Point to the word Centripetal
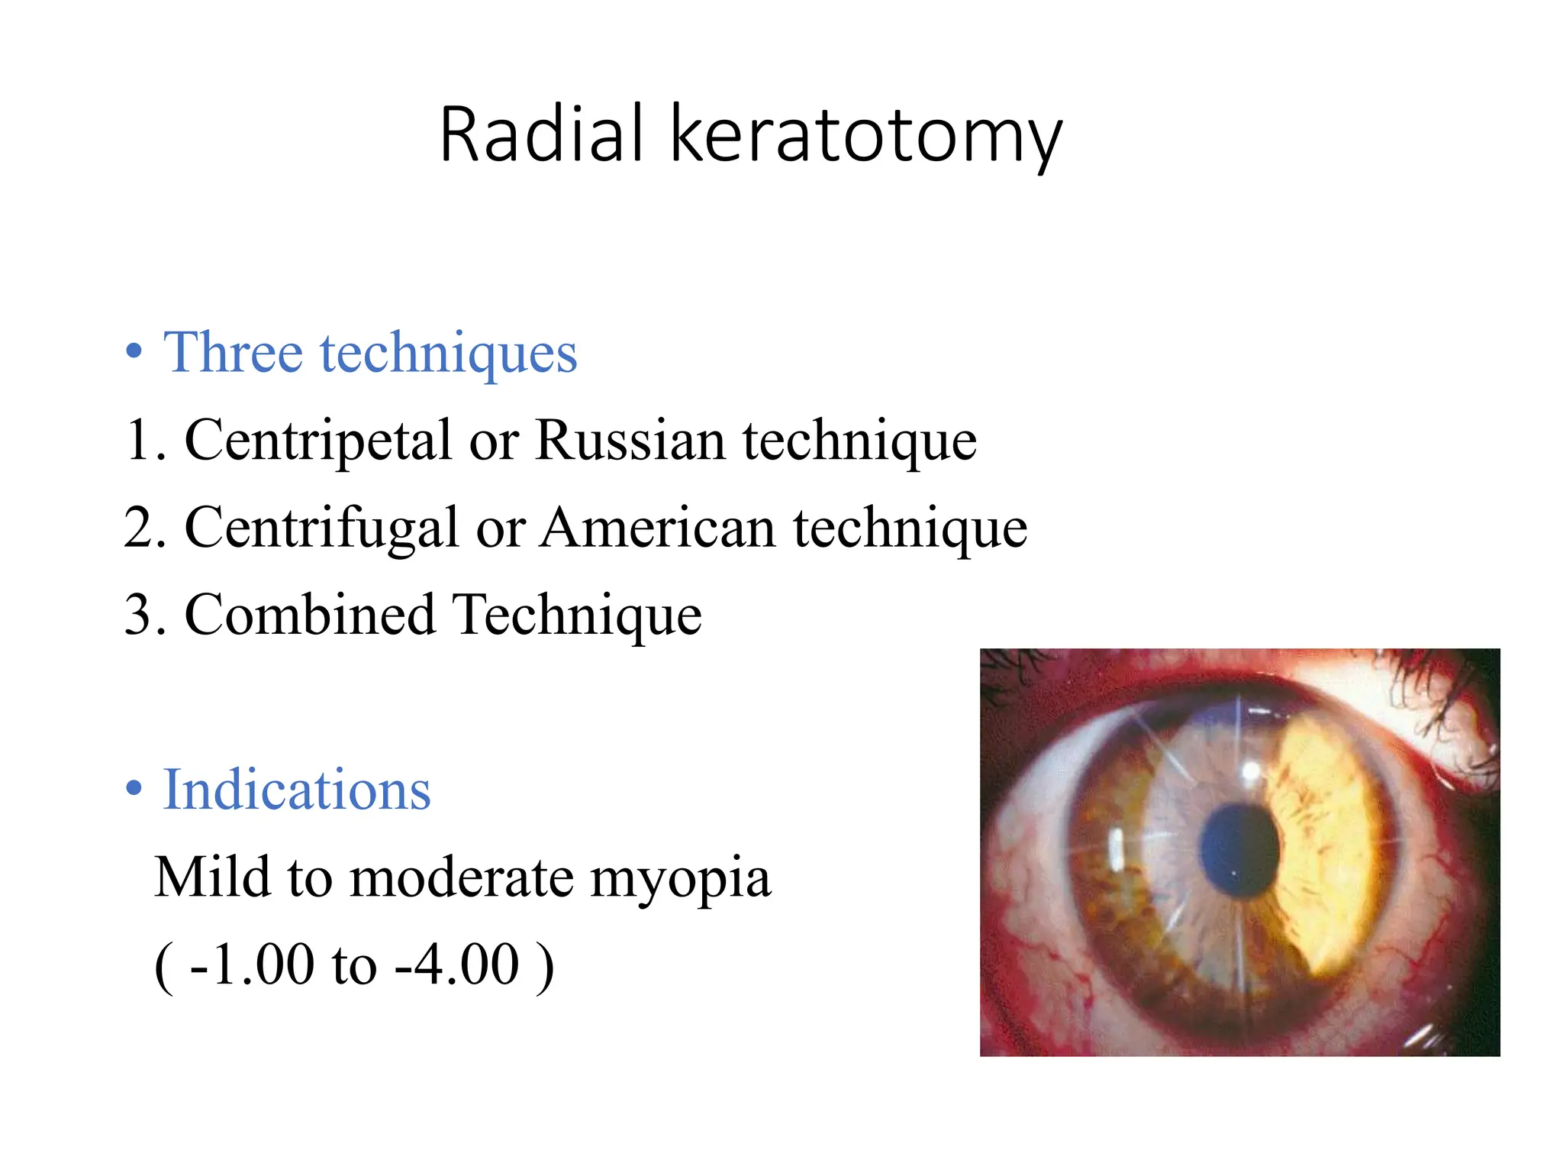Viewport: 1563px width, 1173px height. pos(318,441)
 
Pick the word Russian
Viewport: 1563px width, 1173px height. pos(630,441)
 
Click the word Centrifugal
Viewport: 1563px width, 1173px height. pos(321,529)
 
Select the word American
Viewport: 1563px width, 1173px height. pos(658,528)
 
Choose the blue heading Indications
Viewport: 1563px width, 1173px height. pos(297,790)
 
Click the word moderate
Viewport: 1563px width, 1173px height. pos(462,878)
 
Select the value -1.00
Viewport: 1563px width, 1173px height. pos(252,965)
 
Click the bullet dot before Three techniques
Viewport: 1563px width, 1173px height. pos(134,352)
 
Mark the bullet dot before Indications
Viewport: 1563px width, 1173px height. pos(134,789)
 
